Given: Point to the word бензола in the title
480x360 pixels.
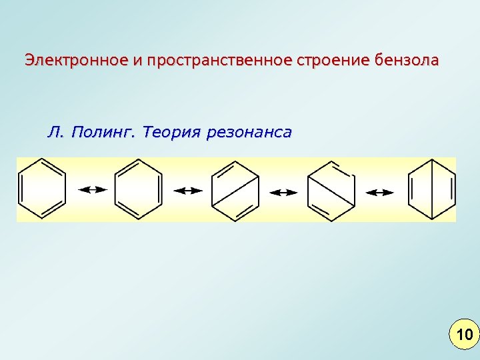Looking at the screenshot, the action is (407, 61).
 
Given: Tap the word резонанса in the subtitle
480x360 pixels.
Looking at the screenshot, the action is (249, 132).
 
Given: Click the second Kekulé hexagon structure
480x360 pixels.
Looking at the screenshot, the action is (139, 190).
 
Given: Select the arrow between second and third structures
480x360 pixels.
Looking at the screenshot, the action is (188, 191).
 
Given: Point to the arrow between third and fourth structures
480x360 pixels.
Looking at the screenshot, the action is (283, 192).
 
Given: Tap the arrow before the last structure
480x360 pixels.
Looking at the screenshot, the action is (380, 192).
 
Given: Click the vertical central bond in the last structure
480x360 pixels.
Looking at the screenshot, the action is (432, 191).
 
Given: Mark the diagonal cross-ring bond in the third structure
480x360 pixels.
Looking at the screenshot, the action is (235, 191).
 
